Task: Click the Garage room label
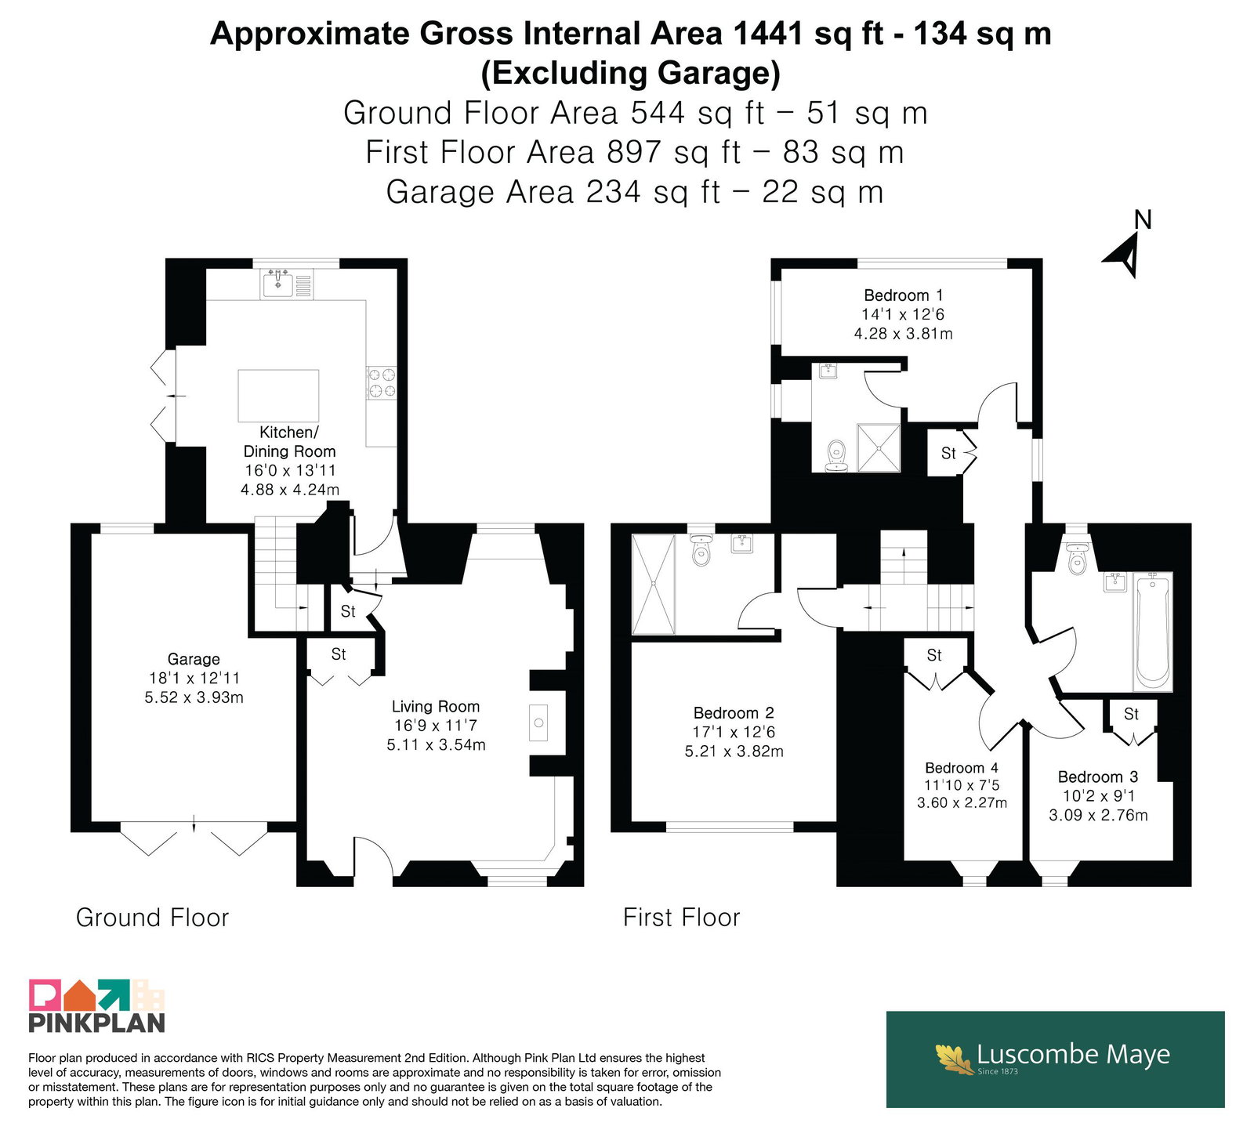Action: pyautogui.click(x=194, y=659)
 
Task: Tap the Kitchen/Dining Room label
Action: pyautogui.click(x=289, y=441)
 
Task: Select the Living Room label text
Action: pyautogui.click(x=436, y=706)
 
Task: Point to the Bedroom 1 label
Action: pyautogui.click(x=903, y=295)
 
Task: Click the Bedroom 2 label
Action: pyautogui.click(x=734, y=713)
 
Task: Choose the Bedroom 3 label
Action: pyautogui.click(x=1098, y=777)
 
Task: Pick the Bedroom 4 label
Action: pyautogui.click(x=962, y=768)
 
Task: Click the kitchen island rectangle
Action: pyautogui.click(x=278, y=396)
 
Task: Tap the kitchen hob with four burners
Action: pyautogui.click(x=382, y=382)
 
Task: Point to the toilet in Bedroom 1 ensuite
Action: pyautogui.click(x=837, y=456)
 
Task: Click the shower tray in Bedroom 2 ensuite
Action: pyautogui.click(x=653, y=585)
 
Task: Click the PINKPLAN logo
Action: pyautogui.click(x=97, y=1005)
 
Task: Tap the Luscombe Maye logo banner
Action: pyautogui.click(x=1055, y=1059)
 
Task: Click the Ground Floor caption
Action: pyautogui.click(x=152, y=918)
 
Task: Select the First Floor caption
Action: pyautogui.click(x=681, y=918)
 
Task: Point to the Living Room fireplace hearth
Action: pyautogui.click(x=538, y=723)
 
